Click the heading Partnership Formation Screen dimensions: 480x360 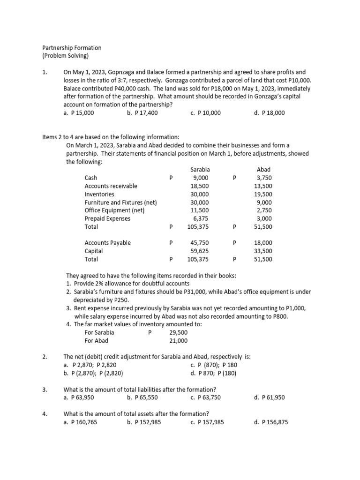click(72, 48)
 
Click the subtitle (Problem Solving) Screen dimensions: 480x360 click(65, 56)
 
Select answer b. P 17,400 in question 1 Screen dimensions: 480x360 click(142, 113)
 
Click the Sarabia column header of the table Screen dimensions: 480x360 click(200, 169)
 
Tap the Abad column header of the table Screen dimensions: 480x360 click(263, 169)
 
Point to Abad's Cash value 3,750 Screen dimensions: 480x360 click(264, 178)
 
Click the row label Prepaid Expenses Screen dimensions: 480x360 click(107, 218)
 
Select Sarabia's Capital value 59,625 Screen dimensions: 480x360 click(200, 251)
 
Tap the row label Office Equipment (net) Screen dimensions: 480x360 click(114, 210)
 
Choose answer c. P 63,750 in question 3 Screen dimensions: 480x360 click(206, 397)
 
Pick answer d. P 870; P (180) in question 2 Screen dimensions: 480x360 click(213, 373)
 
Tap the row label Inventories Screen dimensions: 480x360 click(99, 194)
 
